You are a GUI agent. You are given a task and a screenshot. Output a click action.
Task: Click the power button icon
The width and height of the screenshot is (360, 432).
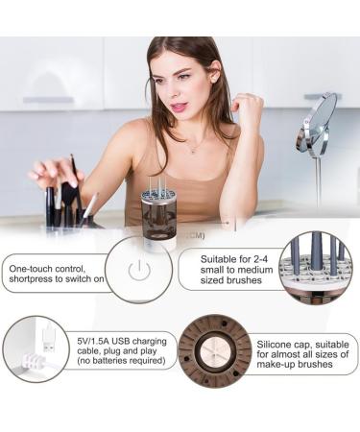coord(139,270)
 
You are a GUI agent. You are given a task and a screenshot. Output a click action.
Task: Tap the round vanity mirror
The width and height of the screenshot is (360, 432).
coord(317,125)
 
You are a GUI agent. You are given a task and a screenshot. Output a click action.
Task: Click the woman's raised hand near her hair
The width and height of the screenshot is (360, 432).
coord(247,108)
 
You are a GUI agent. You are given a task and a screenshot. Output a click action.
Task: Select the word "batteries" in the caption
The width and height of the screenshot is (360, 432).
coord(113,363)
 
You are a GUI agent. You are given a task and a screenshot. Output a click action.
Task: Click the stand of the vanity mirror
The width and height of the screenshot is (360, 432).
coord(318,182)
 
